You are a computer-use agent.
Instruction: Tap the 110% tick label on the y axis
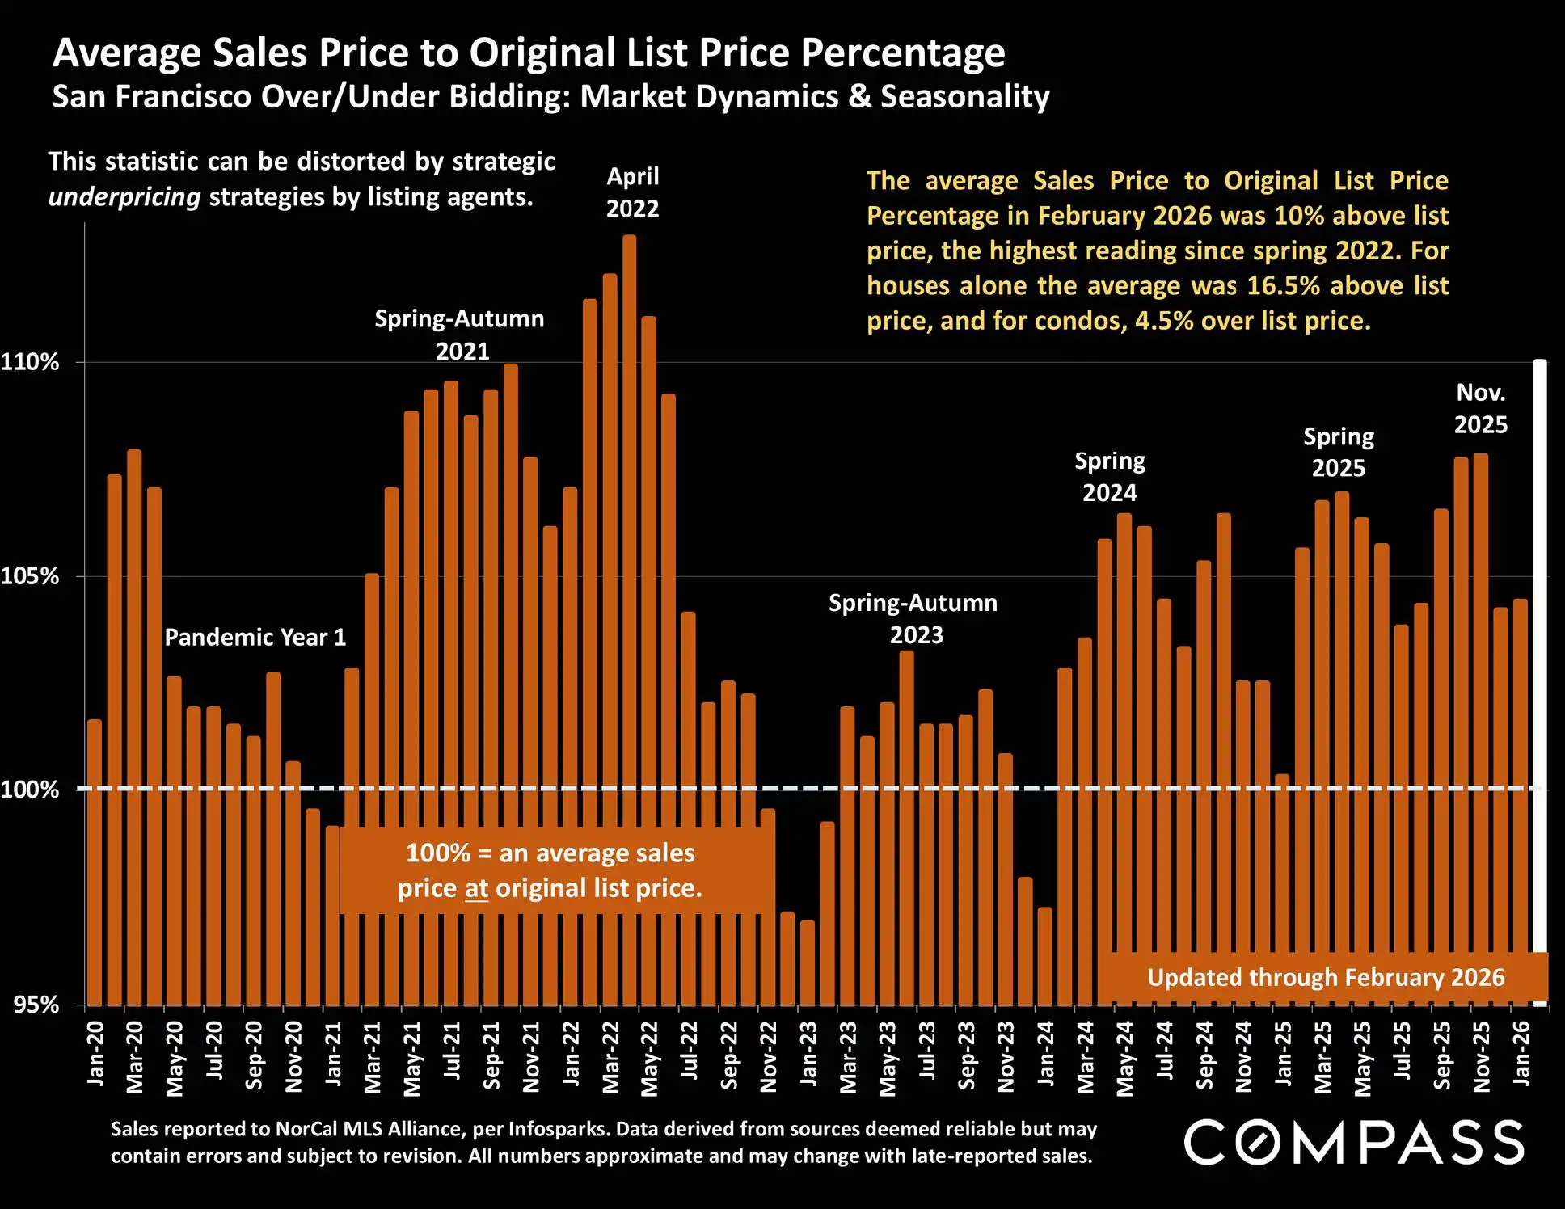pyautogui.click(x=30, y=362)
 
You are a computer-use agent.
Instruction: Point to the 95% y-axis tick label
pyautogui.click(x=36, y=1005)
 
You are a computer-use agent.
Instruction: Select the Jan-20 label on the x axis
pyautogui.click(x=95, y=1052)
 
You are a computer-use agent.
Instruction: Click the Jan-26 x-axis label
pyautogui.click(x=1521, y=1052)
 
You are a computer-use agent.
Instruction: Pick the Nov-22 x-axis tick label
pyautogui.click(x=769, y=1056)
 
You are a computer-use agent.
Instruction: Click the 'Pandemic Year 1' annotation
pyautogui.click(x=255, y=638)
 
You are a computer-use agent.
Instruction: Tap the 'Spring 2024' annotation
pyautogui.click(x=1110, y=477)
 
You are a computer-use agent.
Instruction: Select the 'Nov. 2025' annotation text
pyautogui.click(x=1481, y=409)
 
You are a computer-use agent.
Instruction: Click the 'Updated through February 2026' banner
pyautogui.click(x=1326, y=978)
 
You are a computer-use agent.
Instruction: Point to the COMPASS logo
pyautogui.click(x=1354, y=1142)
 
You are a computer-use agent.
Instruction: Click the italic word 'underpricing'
pyautogui.click(x=124, y=197)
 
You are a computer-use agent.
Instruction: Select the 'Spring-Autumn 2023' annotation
pyautogui.click(x=913, y=619)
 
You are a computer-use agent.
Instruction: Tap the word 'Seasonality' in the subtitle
pyautogui.click(x=965, y=97)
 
